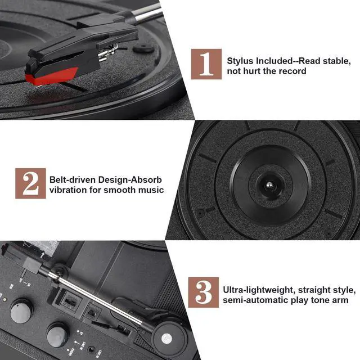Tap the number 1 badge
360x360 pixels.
(206, 64)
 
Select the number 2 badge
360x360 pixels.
(30, 183)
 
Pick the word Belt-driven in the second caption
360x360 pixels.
(72, 179)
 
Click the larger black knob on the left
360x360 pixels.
(21, 310)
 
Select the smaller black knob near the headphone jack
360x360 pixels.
(57, 335)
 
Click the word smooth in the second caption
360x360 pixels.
(123, 190)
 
